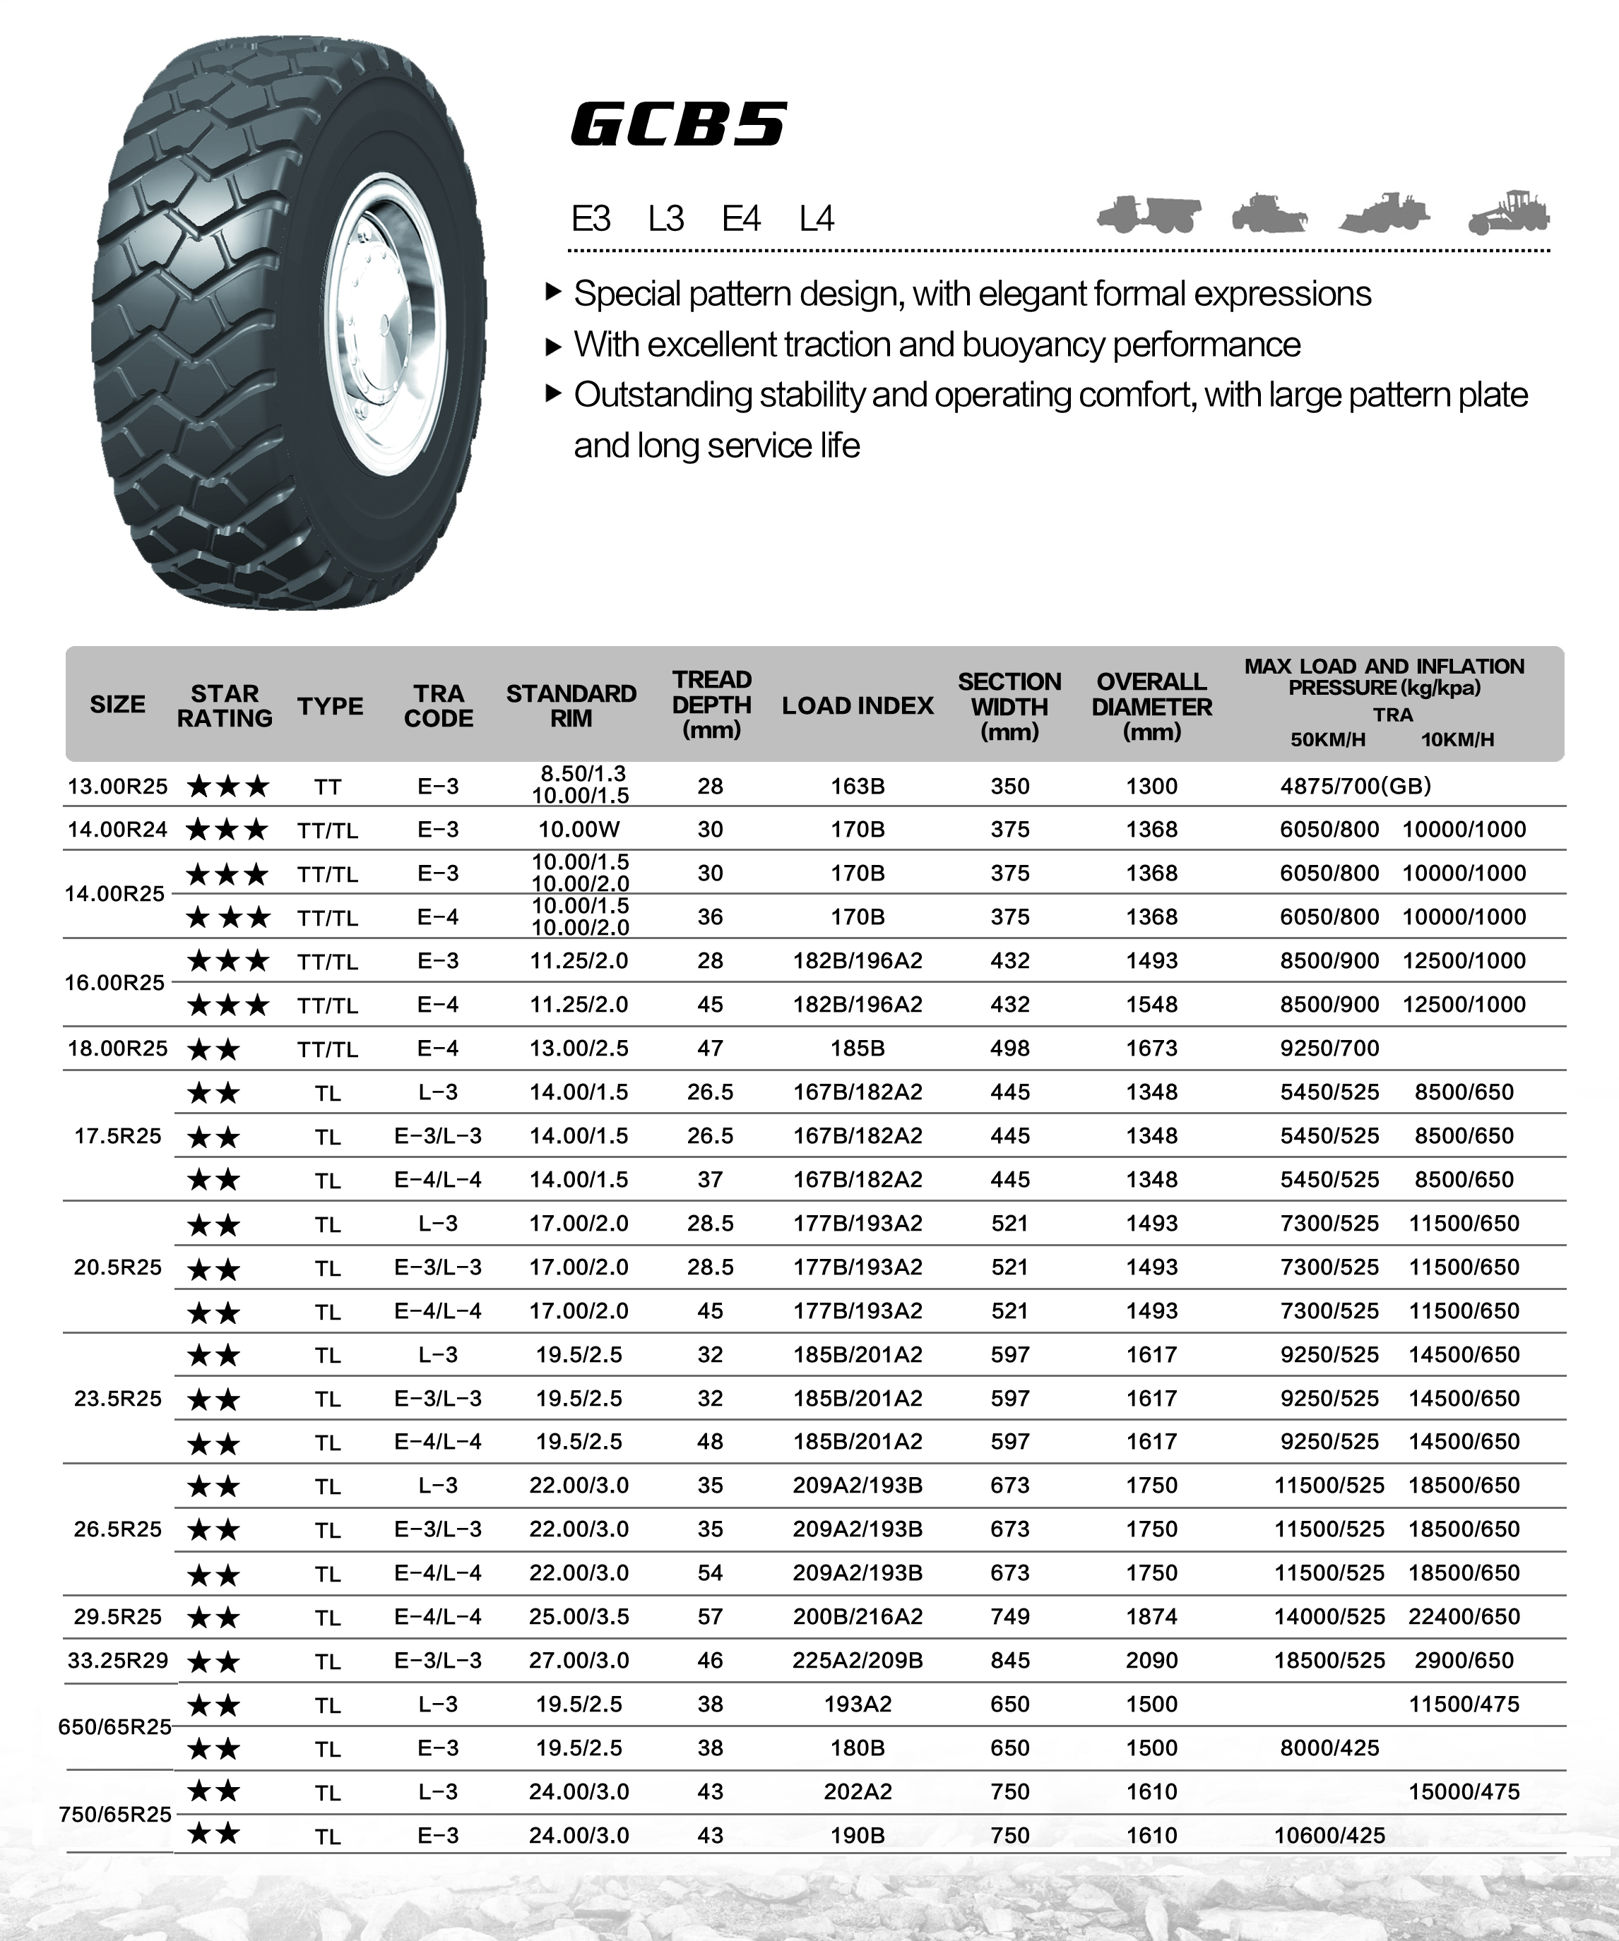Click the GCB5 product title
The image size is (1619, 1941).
tap(680, 125)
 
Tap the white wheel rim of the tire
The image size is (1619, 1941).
tap(384, 314)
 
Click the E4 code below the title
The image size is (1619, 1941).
tap(740, 219)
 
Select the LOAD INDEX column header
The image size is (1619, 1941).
tap(857, 706)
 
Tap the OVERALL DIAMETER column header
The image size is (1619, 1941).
tap(1151, 706)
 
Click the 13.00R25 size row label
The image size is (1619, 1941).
tap(117, 787)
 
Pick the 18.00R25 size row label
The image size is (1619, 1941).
tap(117, 1048)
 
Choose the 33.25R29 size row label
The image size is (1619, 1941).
tap(117, 1661)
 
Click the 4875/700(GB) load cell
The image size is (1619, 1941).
tap(1355, 787)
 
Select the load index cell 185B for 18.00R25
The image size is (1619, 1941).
tap(857, 1048)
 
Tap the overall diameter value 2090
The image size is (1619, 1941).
tap(1151, 1661)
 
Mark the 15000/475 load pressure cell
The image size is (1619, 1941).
tap(1464, 1791)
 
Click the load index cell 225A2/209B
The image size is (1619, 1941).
tap(857, 1661)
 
